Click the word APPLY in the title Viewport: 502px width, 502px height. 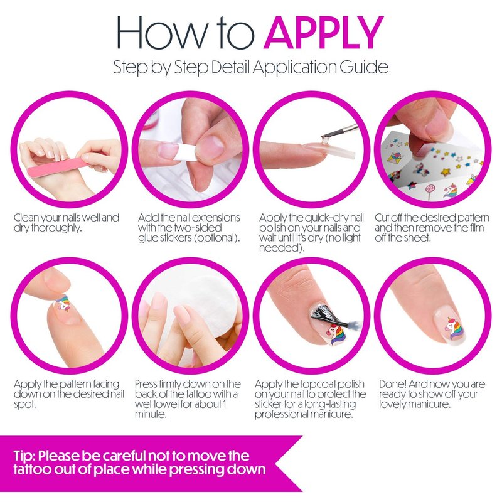click(x=323, y=33)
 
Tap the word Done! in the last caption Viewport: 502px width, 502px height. click(x=392, y=383)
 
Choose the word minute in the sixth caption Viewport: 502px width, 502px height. click(x=151, y=414)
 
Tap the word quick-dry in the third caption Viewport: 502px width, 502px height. click(x=326, y=218)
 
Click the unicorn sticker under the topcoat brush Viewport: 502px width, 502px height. click(x=337, y=335)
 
